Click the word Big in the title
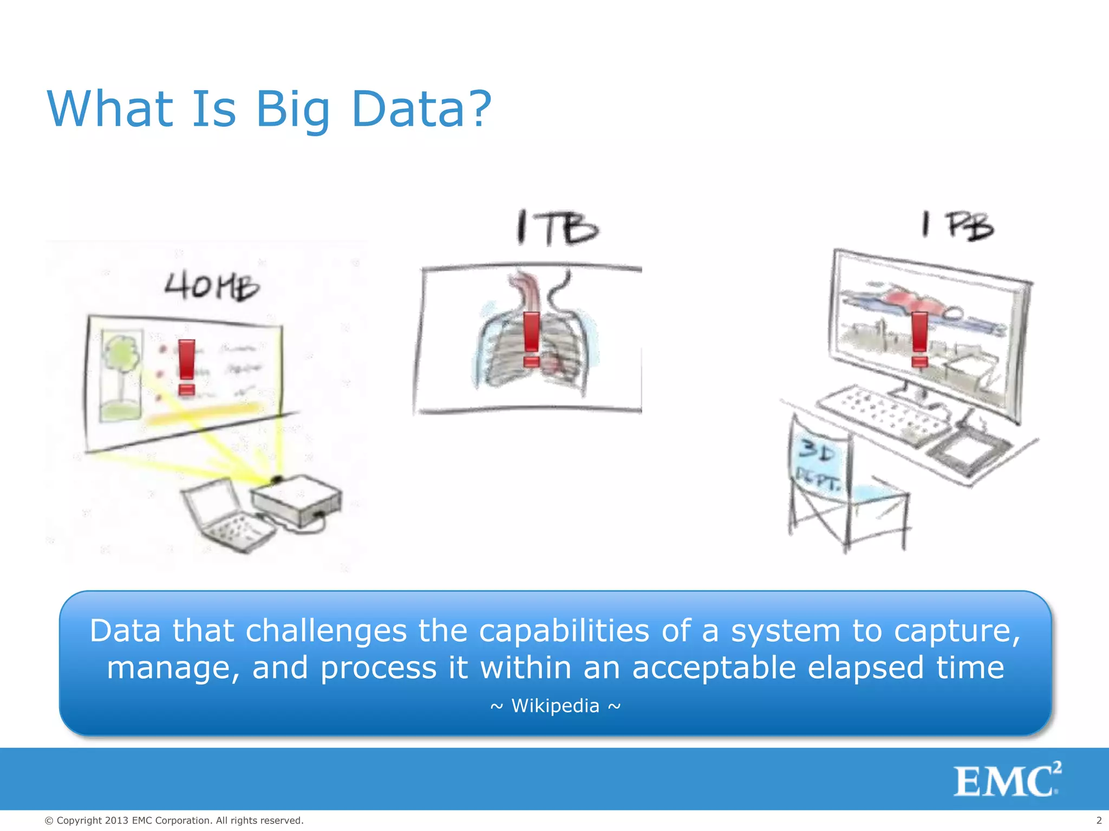point(292,110)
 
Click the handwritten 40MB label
point(212,286)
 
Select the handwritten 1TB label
point(557,228)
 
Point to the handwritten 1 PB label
point(958,226)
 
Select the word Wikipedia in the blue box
point(555,706)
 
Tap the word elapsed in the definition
point(865,667)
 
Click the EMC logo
point(1006,780)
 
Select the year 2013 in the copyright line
point(116,821)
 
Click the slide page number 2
point(1099,821)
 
